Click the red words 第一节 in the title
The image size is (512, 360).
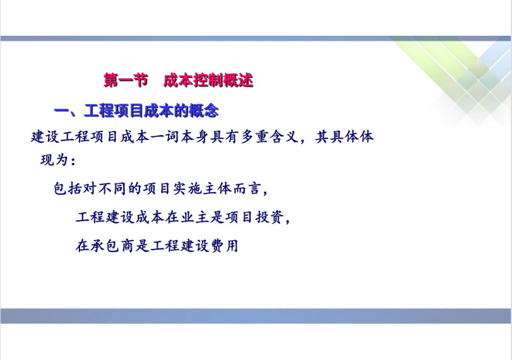(x=126, y=80)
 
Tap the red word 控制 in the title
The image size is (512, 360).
(x=208, y=80)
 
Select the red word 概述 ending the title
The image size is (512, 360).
(x=238, y=80)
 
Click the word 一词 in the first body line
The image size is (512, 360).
(x=165, y=136)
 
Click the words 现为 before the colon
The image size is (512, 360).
(x=55, y=160)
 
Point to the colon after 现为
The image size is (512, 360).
(x=73, y=161)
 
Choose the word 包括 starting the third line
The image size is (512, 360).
(x=67, y=188)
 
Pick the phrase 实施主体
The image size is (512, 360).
(x=202, y=188)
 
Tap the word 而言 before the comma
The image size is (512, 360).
(x=246, y=188)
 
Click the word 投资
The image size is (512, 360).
(x=269, y=217)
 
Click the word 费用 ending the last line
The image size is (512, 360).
(x=224, y=245)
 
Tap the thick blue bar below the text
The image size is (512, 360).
(x=255, y=316)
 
